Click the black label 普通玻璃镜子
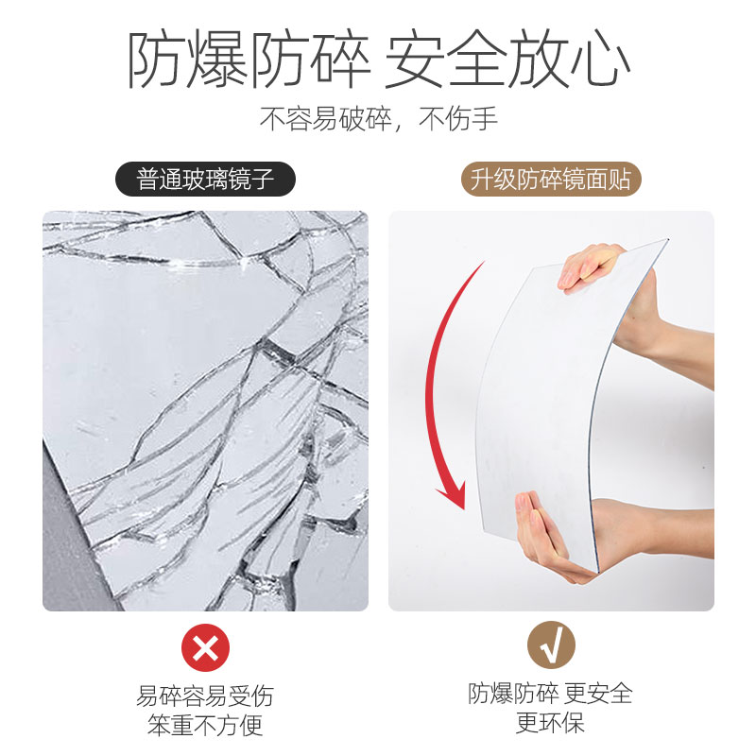[x=204, y=180]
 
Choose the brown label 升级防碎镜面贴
[x=551, y=180]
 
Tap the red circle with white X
[x=205, y=648]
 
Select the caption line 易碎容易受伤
[x=205, y=696]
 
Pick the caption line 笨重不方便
[x=205, y=726]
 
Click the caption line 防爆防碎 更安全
[x=551, y=694]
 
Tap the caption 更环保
[x=551, y=723]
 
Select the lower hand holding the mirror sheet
[x=558, y=539]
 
